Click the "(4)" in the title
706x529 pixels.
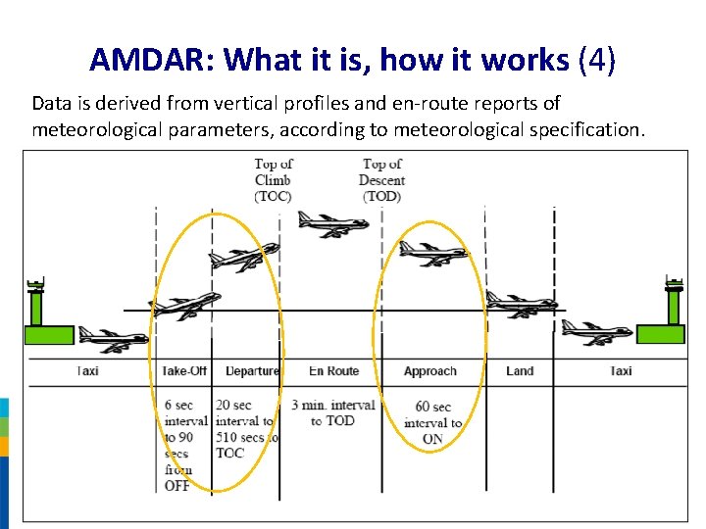(x=596, y=60)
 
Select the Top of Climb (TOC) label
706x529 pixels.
(x=273, y=179)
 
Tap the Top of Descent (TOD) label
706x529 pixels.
(x=381, y=179)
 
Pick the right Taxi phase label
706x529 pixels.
(x=620, y=371)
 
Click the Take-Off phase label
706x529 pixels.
(x=184, y=371)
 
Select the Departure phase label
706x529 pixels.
(x=251, y=371)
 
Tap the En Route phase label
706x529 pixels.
(x=333, y=371)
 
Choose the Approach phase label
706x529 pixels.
(x=429, y=371)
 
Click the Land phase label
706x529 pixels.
(x=520, y=371)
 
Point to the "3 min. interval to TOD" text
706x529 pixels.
(x=332, y=412)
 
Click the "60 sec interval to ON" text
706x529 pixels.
(x=432, y=422)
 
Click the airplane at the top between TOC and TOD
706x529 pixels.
(x=332, y=224)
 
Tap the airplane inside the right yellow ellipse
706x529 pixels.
(x=432, y=254)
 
